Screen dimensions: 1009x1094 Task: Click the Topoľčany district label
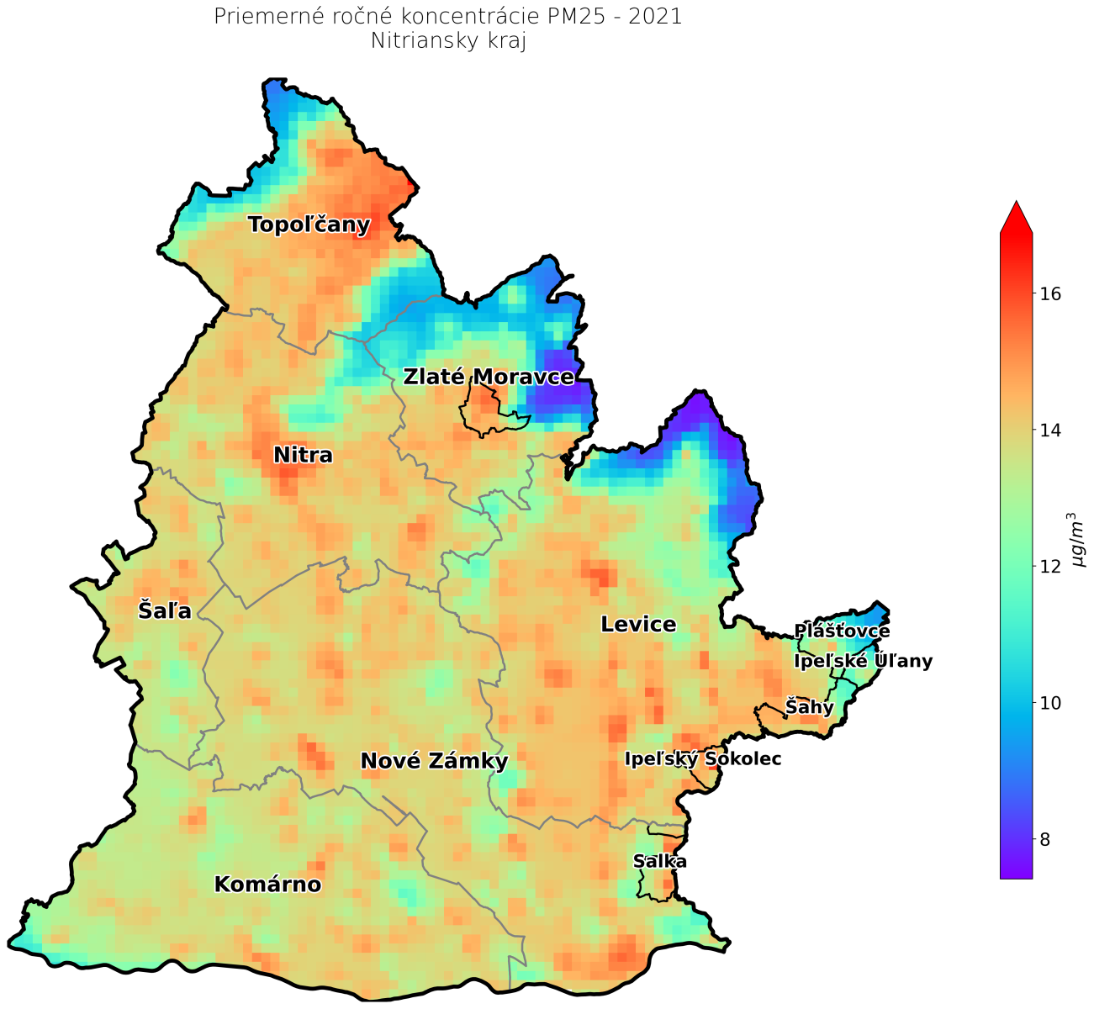pyautogui.click(x=309, y=225)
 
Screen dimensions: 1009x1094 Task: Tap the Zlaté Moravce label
pyautogui.click(x=489, y=377)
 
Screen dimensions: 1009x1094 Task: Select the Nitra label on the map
pyautogui.click(x=303, y=456)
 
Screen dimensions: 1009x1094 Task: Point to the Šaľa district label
pyautogui.click(x=165, y=610)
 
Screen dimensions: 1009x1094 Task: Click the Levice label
pyautogui.click(x=638, y=625)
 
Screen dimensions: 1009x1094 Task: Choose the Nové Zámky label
pyautogui.click(x=434, y=762)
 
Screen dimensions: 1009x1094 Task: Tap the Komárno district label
pyautogui.click(x=267, y=885)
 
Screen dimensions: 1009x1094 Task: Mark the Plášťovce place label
pyautogui.click(x=842, y=631)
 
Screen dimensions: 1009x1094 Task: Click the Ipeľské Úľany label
pyautogui.click(x=863, y=662)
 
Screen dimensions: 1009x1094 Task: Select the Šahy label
pyautogui.click(x=809, y=707)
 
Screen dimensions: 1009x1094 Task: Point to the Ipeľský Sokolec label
pyautogui.click(x=703, y=759)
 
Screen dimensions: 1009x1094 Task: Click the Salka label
pyautogui.click(x=660, y=862)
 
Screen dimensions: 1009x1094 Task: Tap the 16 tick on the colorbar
pyautogui.click(x=1050, y=294)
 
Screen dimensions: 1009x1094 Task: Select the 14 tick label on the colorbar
pyautogui.click(x=1050, y=431)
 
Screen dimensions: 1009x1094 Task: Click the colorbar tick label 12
pyautogui.click(x=1050, y=567)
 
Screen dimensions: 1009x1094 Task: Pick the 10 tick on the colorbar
pyautogui.click(x=1050, y=703)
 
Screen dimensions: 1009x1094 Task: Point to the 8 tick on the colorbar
pyautogui.click(x=1045, y=839)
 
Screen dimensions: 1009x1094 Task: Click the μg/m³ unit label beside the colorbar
pyautogui.click(x=1078, y=540)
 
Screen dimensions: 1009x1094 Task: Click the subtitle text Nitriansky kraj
pyautogui.click(x=448, y=41)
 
